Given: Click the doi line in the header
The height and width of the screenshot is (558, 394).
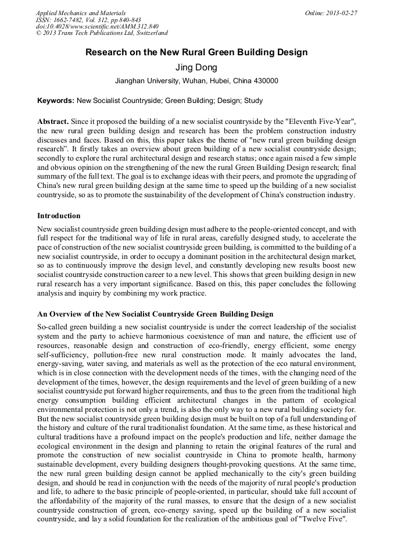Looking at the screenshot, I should [96, 26].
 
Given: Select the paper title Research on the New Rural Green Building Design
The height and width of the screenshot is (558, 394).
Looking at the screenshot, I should [196, 52].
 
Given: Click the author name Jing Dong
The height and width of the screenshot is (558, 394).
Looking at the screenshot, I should [196, 67].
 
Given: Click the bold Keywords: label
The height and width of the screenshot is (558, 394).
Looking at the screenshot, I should [56, 101].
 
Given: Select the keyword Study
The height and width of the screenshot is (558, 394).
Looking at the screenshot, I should [253, 101].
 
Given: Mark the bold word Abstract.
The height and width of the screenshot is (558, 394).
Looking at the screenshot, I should [53, 120].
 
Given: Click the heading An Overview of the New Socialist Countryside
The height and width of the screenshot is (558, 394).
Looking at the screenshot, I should [155, 314].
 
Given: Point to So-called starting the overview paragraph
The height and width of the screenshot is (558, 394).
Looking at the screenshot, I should [53, 326].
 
